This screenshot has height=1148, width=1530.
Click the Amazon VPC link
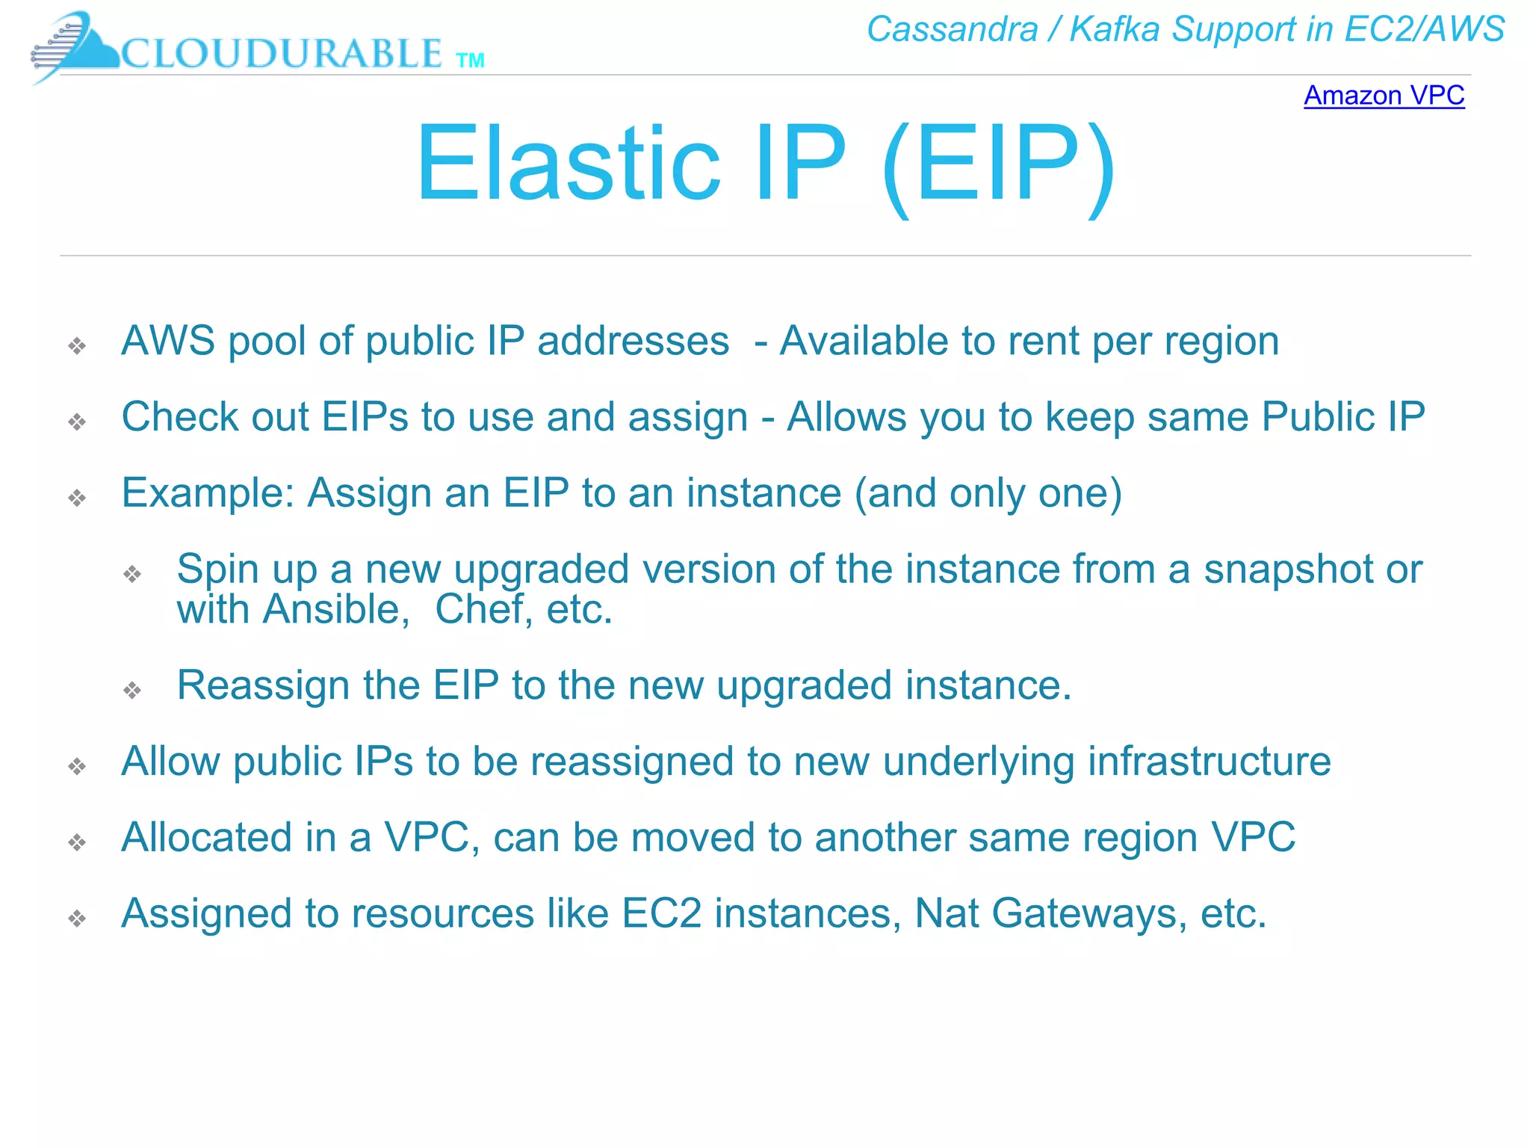coord(1384,96)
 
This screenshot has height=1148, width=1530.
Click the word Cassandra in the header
coord(952,30)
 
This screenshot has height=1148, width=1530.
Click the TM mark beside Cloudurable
coord(470,61)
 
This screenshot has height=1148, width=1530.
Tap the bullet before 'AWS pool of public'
coord(77,345)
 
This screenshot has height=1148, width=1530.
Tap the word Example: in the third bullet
coord(208,493)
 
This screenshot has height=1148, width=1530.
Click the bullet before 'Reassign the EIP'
coord(132,690)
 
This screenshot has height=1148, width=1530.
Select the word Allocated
coord(206,837)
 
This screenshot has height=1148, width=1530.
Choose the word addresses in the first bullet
coord(633,342)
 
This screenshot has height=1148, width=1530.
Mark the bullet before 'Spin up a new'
coord(132,574)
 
